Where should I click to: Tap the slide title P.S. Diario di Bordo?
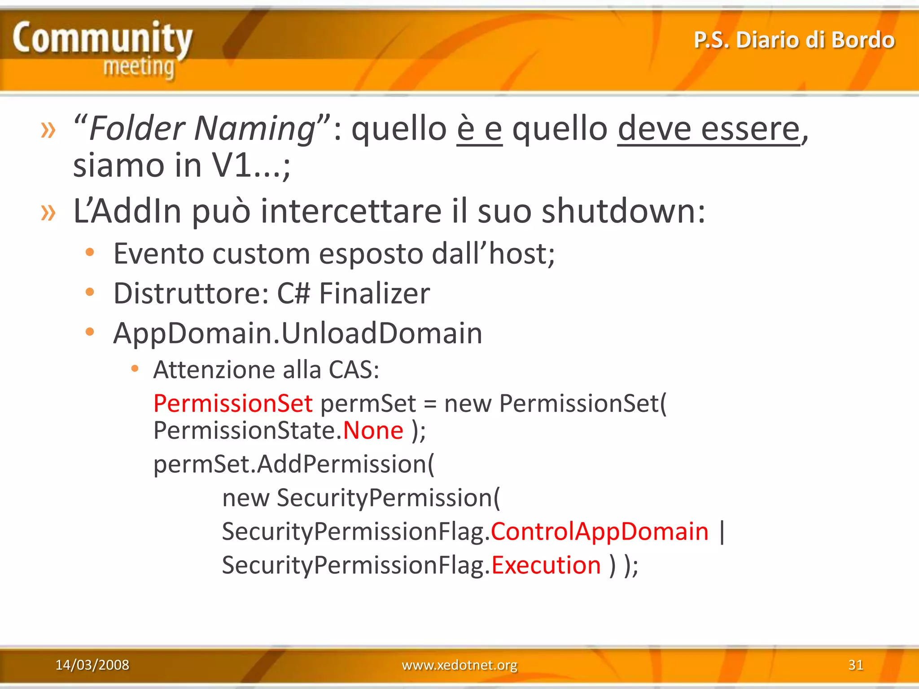point(794,40)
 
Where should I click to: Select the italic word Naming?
point(255,129)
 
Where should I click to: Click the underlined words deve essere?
point(709,129)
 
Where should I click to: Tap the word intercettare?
point(351,211)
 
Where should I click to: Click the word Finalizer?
point(374,294)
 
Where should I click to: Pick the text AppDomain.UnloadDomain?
point(298,333)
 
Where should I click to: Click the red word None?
point(373,431)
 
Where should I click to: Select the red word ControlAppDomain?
point(600,532)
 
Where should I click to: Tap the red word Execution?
point(546,565)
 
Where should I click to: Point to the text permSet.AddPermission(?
point(294,464)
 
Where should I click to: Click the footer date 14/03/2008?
point(92,665)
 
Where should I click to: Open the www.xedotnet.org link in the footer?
point(459,665)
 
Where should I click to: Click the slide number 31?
point(855,665)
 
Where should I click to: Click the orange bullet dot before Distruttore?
point(90,292)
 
